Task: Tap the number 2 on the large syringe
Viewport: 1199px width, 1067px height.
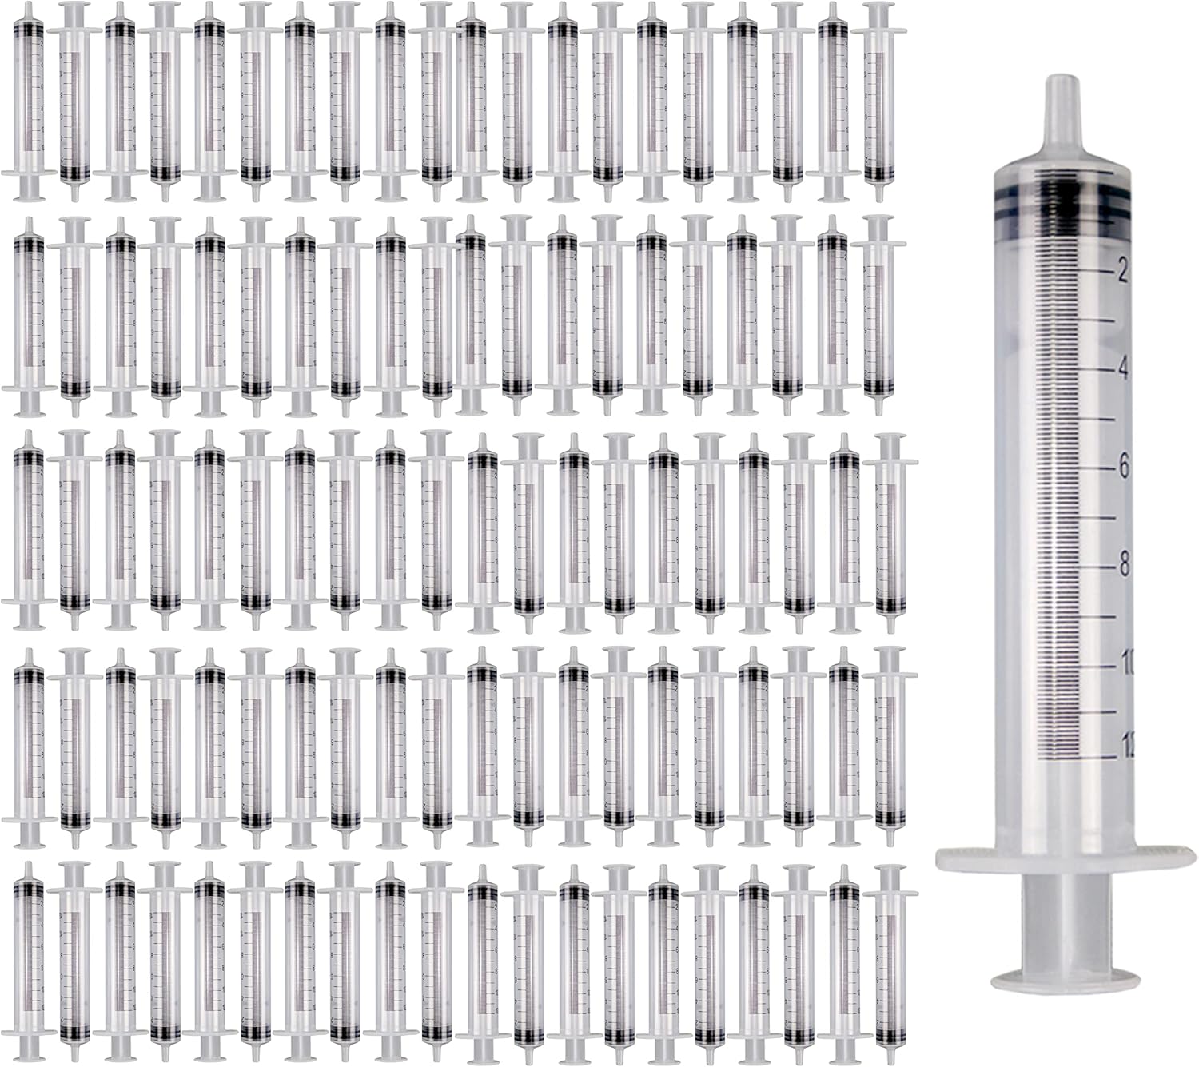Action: pos(1122,272)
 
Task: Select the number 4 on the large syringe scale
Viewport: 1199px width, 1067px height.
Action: pos(1123,369)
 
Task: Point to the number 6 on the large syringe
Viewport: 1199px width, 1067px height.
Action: pos(1123,467)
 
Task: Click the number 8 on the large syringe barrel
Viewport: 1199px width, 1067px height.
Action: pos(1123,565)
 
